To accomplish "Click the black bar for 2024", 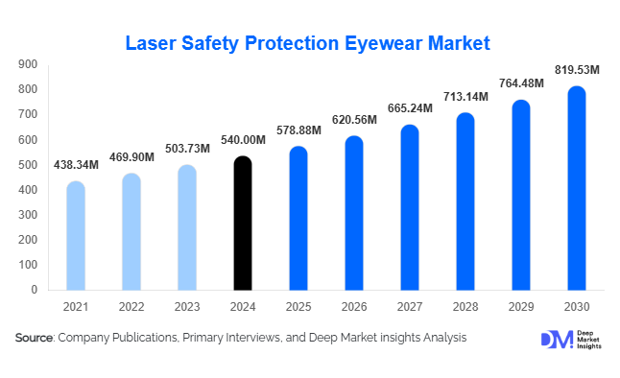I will [243, 223].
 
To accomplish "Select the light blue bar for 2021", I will [76, 235].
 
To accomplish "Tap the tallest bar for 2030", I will [576, 188].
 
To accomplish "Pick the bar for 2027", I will [409, 207].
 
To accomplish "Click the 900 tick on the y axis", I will [28, 64].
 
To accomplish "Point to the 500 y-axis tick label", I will [28, 165].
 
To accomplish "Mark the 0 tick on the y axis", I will [34, 290].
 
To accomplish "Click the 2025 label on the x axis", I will [298, 307].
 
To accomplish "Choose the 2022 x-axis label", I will [131, 307].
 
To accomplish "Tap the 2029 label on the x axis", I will [520, 307].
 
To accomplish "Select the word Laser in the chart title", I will [154, 43].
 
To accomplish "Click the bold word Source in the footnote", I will [35, 338].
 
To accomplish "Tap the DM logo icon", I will [556, 340].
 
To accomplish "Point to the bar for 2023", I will [187, 227].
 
